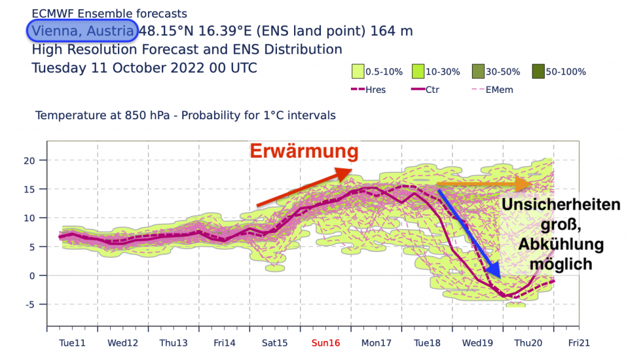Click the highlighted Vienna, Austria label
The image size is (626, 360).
coord(83,31)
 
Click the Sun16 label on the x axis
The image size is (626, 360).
coord(325,343)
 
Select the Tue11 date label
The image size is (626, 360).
coord(72,343)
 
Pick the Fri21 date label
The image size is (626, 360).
coord(579,343)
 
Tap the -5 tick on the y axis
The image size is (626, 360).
coord(34,304)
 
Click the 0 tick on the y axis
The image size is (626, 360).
coord(37,276)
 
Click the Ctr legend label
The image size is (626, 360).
coord(431,90)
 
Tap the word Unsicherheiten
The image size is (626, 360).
coord(561,205)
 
